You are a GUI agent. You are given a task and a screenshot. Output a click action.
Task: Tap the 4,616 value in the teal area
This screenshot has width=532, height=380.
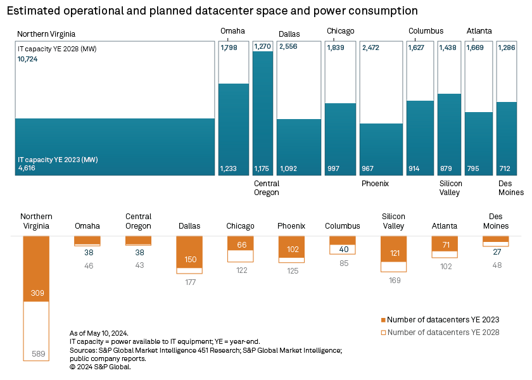[x=27, y=168]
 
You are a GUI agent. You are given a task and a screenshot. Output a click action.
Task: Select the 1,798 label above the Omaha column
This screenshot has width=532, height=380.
[x=229, y=47]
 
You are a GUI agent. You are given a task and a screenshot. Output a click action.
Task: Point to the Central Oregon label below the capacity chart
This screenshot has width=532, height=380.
[x=266, y=188]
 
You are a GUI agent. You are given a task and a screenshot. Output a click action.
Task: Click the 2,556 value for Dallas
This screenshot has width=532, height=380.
[x=288, y=47]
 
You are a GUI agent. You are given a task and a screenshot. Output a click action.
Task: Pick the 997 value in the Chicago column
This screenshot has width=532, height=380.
[x=333, y=168]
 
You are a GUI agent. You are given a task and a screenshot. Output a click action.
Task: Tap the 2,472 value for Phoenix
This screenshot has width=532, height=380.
[x=372, y=47]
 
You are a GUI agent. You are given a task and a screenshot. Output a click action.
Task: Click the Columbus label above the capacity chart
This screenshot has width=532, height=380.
[x=426, y=31]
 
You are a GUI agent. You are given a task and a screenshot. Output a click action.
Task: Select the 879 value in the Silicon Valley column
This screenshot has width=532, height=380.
[x=446, y=168]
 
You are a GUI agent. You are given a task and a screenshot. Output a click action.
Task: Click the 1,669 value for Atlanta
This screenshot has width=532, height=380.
[x=476, y=47]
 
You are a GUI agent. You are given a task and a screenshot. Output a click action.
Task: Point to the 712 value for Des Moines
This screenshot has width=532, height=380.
[x=505, y=168]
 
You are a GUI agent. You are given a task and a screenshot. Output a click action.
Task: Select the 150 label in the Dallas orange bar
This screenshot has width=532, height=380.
[x=189, y=260]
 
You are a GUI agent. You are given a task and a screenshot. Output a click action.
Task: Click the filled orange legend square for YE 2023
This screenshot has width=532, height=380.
[x=383, y=320]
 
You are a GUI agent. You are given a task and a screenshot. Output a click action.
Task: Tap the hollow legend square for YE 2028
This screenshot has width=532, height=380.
[x=383, y=332]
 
